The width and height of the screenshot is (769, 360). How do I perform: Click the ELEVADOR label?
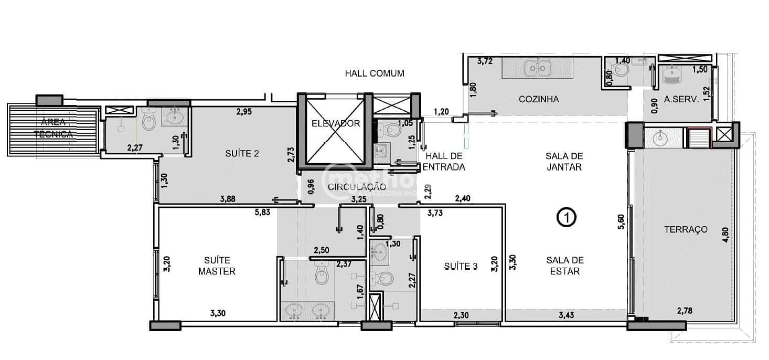(335, 124)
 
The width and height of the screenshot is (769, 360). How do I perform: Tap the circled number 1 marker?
(567, 217)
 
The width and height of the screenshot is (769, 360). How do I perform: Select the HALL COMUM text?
(375, 73)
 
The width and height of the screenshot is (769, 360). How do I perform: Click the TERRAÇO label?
(686, 229)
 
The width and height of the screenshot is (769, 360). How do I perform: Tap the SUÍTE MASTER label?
(220, 266)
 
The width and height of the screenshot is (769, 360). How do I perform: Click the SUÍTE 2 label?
(242, 154)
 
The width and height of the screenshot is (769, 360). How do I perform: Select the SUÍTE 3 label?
(461, 266)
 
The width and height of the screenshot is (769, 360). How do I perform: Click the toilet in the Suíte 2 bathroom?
(149, 121)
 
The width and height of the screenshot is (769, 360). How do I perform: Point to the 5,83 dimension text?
(263, 212)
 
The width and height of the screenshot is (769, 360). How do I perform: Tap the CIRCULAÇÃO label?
(357, 187)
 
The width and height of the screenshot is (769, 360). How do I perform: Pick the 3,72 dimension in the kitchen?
(486, 61)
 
